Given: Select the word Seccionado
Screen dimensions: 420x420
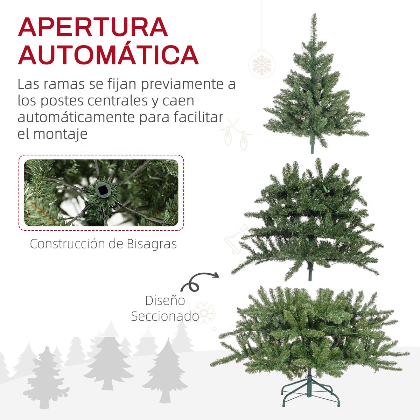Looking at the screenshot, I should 165,316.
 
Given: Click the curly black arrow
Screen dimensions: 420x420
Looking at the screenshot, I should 199,281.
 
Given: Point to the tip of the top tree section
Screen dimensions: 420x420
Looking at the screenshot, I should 314,16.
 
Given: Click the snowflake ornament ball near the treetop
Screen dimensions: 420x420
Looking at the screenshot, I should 261,65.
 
